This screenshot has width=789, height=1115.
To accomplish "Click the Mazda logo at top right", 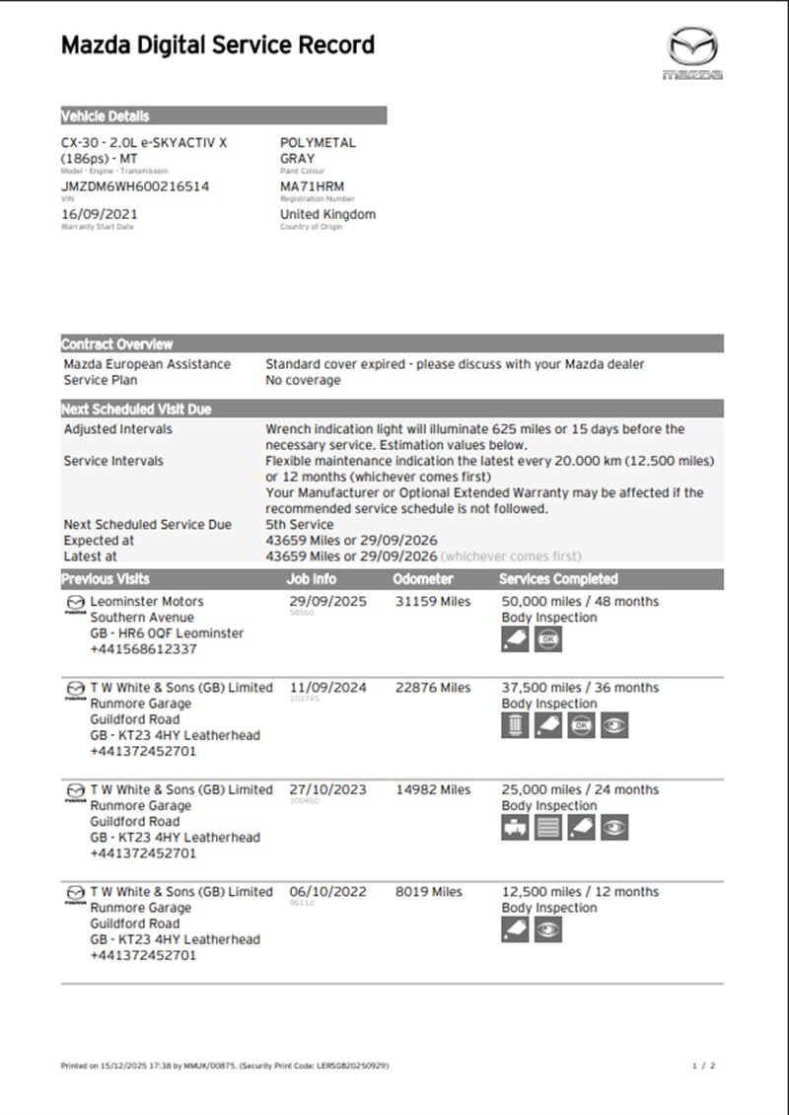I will tap(691, 54).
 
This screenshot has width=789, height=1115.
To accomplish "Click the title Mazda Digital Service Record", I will tap(218, 45).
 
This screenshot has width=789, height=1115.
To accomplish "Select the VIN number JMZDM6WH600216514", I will tap(135, 186).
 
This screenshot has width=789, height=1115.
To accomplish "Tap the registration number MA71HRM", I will tap(312, 186).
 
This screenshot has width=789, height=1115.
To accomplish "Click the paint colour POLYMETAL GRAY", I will tap(318, 150).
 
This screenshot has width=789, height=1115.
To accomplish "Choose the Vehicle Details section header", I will tap(106, 115).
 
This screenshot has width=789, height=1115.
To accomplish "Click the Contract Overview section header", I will tap(117, 344).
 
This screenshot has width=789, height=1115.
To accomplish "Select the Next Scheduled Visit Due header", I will tap(136, 409).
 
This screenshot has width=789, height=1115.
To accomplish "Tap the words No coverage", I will tap(303, 380).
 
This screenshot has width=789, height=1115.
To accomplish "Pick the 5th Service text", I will tap(300, 524).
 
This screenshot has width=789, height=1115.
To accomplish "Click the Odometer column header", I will tap(423, 579).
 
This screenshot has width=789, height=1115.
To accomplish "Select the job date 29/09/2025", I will tap(325, 601).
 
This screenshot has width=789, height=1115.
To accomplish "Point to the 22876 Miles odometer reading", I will tap(433, 688).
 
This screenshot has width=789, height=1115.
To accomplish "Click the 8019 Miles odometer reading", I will tap(428, 892).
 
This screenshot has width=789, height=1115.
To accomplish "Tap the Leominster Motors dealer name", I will tap(147, 601).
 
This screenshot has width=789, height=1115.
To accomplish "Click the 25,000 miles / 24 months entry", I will tap(580, 789).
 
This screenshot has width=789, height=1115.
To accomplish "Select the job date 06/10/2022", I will tap(325, 892).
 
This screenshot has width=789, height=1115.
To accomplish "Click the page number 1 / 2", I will tap(703, 1067).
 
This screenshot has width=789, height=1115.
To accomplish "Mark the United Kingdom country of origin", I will tap(327, 213).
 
